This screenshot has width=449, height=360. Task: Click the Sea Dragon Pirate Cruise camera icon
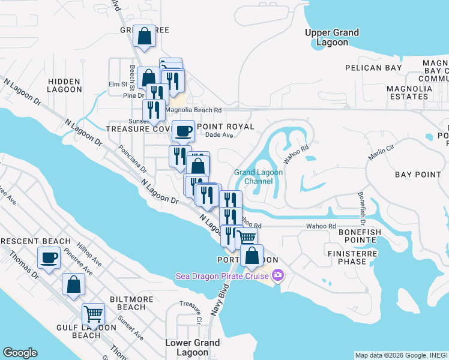pos(277,275)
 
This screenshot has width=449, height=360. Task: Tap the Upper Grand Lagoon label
pos(332,37)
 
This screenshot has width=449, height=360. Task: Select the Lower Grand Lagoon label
pos(192,347)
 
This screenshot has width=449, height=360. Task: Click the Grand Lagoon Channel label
pos(258,176)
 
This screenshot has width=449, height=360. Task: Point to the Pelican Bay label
pos(377,68)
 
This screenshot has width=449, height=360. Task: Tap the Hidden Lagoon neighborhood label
pos(65,85)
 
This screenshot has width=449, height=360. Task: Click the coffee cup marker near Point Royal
pos(183,130)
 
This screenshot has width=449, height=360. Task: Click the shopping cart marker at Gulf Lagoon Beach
pos(93,313)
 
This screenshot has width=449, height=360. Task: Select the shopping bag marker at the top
pos(144,36)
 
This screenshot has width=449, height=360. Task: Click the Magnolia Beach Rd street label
pos(194,110)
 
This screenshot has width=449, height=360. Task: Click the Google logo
pos(20,353)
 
